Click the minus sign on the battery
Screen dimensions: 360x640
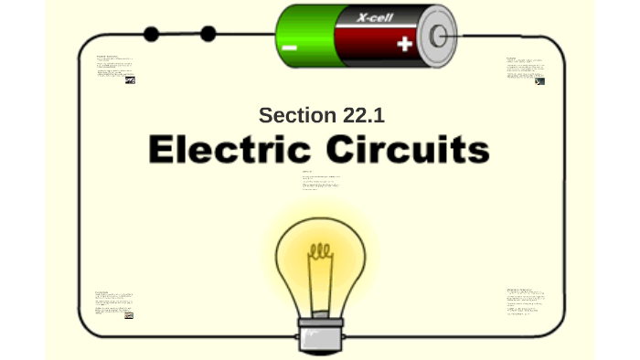pos(290,47)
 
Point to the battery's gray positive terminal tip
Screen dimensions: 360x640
pos(440,36)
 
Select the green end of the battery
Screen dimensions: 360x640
pos(302,35)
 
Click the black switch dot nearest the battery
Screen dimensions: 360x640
pos(208,34)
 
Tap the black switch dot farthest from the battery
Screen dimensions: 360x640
pos(152,35)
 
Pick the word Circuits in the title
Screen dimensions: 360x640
pos(411,149)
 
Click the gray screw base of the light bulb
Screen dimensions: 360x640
pos(320,334)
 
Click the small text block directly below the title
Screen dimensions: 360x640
pos(321,181)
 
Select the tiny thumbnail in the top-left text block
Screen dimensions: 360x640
pos(130,80)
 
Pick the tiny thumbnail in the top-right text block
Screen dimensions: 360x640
pos(539,81)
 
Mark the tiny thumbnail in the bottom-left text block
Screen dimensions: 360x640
pos(129,315)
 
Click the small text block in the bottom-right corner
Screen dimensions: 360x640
pos(526,302)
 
